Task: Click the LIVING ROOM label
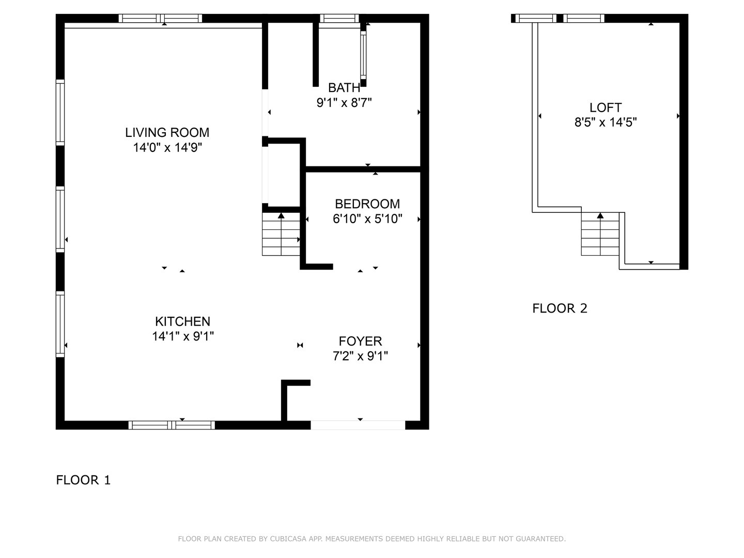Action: click(167, 132)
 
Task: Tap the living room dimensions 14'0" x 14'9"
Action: click(167, 148)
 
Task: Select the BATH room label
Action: click(344, 88)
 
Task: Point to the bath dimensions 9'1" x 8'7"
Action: click(344, 103)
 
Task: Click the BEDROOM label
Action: click(367, 204)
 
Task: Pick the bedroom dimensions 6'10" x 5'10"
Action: click(367, 219)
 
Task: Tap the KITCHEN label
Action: click(183, 321)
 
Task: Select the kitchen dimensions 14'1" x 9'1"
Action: click(183, 336)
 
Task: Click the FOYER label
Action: click(360, 341)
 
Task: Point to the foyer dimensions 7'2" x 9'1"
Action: click(360, 356)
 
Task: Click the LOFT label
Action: click(606, 107)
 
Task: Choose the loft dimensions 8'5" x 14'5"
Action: click(606, 122)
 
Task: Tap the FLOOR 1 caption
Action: click(83, 480)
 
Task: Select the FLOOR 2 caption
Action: click(560, 308)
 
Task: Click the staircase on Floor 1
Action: click(281, 235)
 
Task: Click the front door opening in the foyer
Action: click(358, 425)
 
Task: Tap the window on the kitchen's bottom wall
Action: click(172, 425)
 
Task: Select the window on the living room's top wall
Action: click(160, 19)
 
